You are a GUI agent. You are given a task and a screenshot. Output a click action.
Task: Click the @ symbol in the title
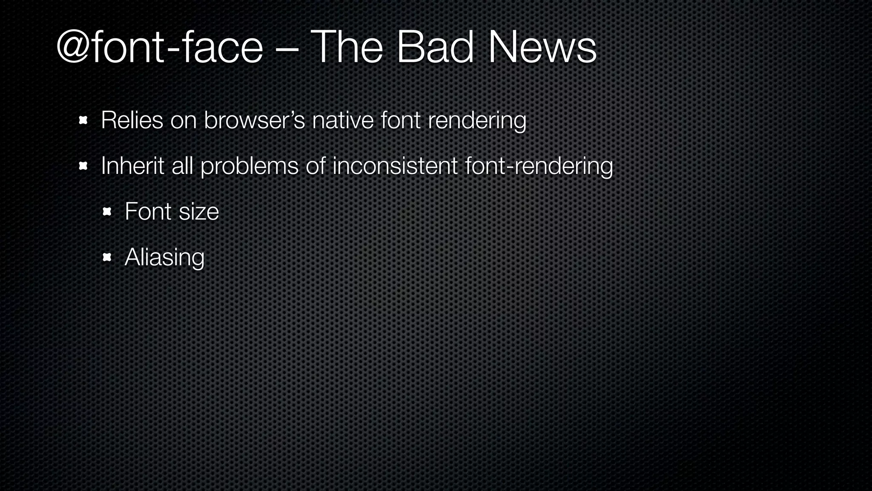click(72, 48)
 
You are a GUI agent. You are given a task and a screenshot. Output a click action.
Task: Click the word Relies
click(132, 120)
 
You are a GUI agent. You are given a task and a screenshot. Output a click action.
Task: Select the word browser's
click(254, 120)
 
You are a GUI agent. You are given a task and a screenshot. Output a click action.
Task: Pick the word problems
click(250, 166)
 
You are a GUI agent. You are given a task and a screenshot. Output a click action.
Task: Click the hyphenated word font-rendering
click(539, 166)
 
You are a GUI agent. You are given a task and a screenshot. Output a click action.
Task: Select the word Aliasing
click(164, 257)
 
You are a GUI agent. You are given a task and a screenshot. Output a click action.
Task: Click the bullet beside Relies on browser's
click(83, 121)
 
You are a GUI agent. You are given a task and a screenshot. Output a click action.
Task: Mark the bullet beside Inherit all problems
click(83, 166)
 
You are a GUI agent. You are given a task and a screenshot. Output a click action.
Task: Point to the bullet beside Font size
click(107, 212)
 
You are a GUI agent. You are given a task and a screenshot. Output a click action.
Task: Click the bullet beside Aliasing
click(107, 257)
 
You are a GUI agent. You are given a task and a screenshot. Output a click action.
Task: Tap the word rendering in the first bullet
click(477, 121)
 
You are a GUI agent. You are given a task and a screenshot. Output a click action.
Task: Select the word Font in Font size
click(148, 211)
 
